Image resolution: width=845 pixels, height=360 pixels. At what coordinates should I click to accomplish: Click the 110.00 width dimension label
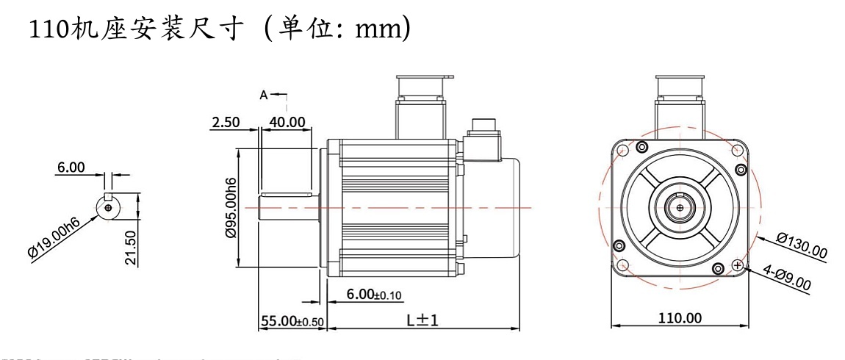[680, 317]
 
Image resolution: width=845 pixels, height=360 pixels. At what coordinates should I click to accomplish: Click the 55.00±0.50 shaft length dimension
[292, 321]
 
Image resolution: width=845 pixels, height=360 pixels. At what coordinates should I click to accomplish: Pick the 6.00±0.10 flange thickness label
[375, 294]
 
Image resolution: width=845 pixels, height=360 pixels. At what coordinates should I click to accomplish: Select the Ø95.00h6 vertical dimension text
[231, 208]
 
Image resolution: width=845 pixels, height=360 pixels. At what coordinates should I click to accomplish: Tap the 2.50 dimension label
[226, 122]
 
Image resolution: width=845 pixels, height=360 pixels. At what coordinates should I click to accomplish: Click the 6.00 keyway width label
[71, 168]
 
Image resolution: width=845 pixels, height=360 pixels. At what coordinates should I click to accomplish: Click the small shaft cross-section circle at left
[108, 208]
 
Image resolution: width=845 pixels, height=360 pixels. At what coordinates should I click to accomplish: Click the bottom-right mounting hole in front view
[738, 265]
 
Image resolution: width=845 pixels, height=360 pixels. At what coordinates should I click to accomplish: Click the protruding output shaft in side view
[288, 209]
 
